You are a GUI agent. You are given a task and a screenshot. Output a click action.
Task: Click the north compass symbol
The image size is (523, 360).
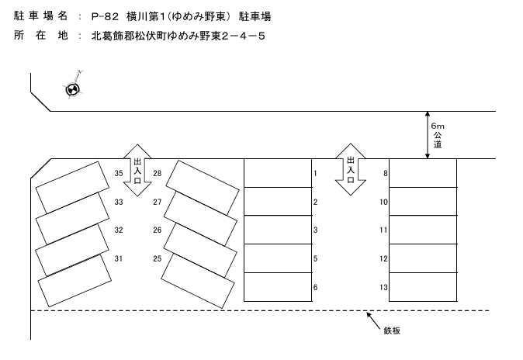tap(72, 90)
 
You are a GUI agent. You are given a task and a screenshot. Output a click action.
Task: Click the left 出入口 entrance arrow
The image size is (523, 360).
tap(137, 170)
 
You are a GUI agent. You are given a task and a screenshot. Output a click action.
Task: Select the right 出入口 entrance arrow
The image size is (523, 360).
tap(350, 170)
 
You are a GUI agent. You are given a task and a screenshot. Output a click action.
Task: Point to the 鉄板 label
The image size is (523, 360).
tap(393, 331)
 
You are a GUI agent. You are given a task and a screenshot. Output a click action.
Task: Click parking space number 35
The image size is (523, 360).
tap(119, 173)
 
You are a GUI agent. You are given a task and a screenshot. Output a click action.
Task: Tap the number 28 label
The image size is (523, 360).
tap(157, 173)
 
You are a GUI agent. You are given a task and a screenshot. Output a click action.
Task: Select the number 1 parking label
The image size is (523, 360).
tap(315, 173)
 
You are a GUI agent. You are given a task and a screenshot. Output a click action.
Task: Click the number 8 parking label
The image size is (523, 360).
tap(385, 173)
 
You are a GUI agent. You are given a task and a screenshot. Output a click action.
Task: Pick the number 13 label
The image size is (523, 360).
tap(383, 287)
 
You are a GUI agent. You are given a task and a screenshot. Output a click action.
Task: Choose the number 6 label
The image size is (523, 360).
tap(315, 287)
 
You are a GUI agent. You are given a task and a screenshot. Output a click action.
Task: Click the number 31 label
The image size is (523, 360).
tap(119, 258)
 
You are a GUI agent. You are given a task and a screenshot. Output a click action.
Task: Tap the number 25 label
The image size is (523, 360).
tap(157, 258)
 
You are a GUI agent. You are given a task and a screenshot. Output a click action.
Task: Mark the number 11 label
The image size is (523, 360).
tap(383, 230)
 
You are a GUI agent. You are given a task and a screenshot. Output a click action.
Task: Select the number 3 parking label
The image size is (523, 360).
tap(315, 230)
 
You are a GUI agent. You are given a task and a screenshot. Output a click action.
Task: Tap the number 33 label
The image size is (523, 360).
tap(119, 202)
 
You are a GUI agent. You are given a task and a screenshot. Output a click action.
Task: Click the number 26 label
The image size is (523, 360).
tap(157, 230)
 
